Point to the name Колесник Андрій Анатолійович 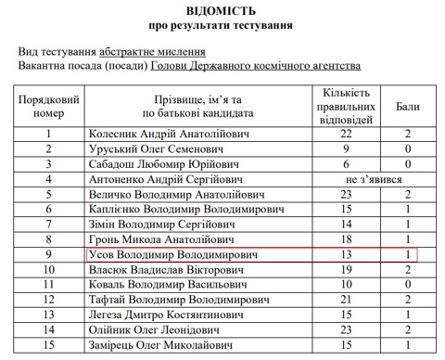[166, 134]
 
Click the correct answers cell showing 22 [347, 134]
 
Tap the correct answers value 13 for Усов [347, 253]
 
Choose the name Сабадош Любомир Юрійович [160, 164]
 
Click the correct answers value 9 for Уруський [347, 148]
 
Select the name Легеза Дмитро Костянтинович [167, 314]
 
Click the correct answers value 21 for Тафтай [347, 299]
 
